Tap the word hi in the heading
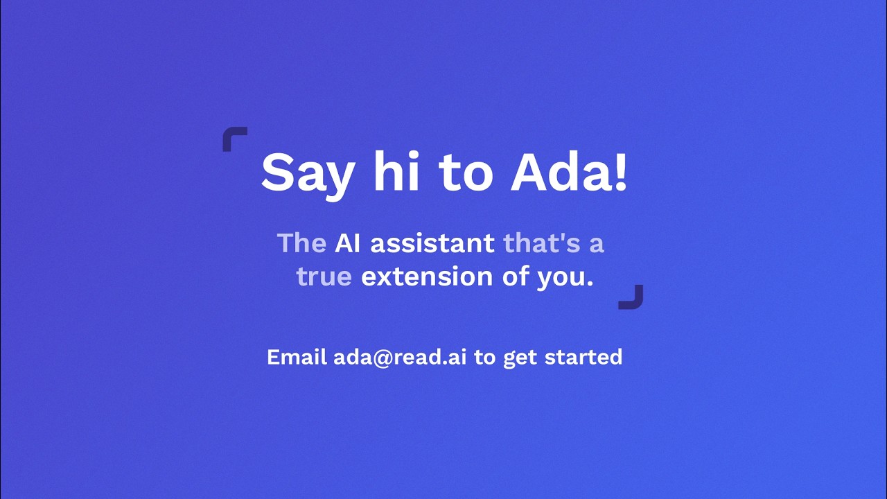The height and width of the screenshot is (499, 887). (x=396, y=171)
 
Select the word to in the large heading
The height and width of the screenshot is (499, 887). (x=466, y=174)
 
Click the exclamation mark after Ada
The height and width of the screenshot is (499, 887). (x=621, y=172)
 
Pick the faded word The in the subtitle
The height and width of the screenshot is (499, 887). (x=301, y=243)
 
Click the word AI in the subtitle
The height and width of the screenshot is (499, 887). (x=348, y=243)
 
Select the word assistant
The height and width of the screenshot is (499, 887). (x=432, y=243)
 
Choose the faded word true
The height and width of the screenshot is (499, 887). (x=324, y=277)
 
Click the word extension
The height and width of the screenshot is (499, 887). (x=427, y=276)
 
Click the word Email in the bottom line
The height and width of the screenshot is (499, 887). (x=297, y=357)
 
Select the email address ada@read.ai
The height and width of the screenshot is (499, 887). (x=400, y=358)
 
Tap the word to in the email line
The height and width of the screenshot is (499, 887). (x=484, y=358)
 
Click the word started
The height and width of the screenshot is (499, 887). (x=583, y=357)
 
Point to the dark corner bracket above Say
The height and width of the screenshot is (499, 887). (x=227, y=132)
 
